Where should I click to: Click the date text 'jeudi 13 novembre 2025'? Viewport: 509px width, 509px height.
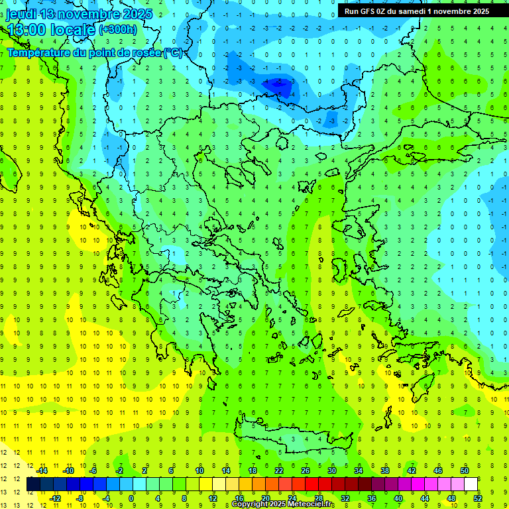pyautogui.click(x=80, y=13)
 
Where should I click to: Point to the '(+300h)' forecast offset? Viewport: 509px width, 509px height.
pyautogui.click(x=117, y=30)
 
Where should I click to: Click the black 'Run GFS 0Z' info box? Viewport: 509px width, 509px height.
pyautogui.click(x=417, y=11)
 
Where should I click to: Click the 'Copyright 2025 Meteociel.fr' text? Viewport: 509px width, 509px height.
pyautogui.click(x=283, y=504)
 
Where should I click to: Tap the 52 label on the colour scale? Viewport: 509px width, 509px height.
pyautogui.click(x=478, y=498)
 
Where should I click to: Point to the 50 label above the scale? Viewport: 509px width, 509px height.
pyautogui.click(x=465, y=471)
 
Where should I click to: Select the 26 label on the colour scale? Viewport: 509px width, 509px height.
pyautogui.click(x=306, y=471)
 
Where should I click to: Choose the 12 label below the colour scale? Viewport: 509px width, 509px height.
pyautogui.click(x=213, y=498)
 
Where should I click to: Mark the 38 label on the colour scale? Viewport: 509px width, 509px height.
pyautogui.click(x=385, y=471)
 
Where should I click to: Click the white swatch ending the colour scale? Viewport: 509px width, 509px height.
pyautogui.click(x=471, y=484)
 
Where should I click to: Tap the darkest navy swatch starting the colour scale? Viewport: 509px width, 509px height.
pyautogui.click(x=34, y=484)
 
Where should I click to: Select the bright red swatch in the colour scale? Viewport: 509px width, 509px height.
pyautogui.click(x=312, y=484)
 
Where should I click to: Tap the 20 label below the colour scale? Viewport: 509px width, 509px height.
pyautogui.click(x=266, y=498)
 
